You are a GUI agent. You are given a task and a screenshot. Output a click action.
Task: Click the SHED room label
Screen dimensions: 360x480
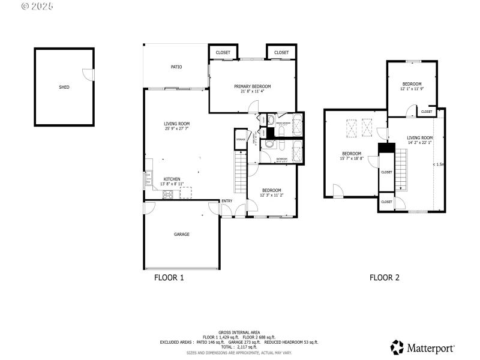(64, 87)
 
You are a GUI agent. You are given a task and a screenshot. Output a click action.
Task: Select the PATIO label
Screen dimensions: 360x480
(176, 67)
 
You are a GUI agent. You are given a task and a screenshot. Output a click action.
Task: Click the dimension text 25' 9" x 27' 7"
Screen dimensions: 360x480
(176, 128)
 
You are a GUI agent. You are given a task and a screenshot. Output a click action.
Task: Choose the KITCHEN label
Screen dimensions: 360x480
(172, 179)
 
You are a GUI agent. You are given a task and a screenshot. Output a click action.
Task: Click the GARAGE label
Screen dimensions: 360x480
(182, 234)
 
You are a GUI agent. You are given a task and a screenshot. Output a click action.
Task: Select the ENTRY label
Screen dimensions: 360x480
(227, 201)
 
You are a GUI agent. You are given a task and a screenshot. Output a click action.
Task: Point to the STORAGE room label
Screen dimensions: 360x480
(241, 139)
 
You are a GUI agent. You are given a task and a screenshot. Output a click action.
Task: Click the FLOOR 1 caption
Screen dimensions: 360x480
(169, 277)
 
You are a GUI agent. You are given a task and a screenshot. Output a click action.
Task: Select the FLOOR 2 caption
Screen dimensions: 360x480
(384, 277)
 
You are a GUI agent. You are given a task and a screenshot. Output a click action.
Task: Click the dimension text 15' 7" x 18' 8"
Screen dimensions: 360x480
(352, 158)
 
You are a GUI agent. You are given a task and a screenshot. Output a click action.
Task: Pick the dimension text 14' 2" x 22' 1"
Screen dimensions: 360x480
(419, 143)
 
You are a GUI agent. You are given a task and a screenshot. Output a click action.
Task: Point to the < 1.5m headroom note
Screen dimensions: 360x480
(438, 164)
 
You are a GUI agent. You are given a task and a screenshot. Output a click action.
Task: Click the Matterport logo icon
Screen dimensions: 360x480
(397, 347)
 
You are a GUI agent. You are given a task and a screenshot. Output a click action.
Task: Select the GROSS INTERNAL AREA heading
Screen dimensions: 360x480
(239, 332)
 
